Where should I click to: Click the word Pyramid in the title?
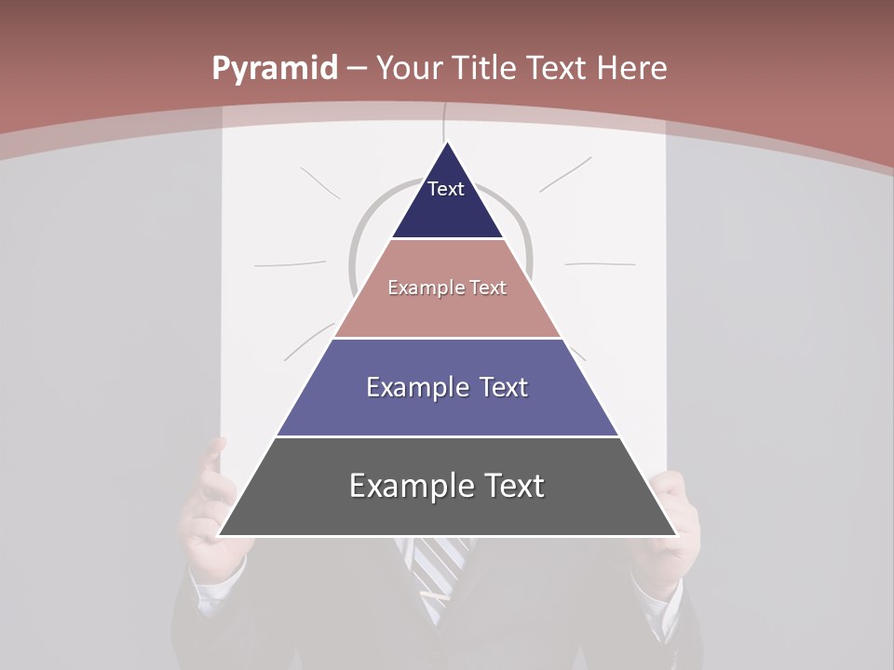(274, 69)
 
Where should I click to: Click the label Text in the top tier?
(446, 189)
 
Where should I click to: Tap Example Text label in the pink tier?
(447, 288)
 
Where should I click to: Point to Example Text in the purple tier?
(447, 387)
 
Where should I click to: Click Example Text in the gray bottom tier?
(447, 486)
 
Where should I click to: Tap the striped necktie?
(438, 568)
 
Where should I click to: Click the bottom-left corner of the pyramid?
(221, 534)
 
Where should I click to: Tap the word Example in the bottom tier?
(404, 486)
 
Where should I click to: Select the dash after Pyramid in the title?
(357, 69)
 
